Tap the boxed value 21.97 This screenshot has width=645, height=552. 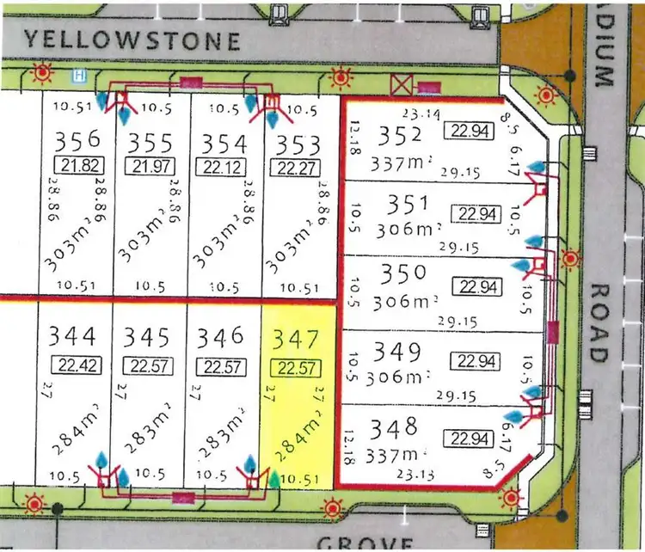(x=150, y=165)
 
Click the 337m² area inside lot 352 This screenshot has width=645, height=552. (x=390, y=163)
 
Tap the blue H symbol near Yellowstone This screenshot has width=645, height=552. (x=80, y=75)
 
